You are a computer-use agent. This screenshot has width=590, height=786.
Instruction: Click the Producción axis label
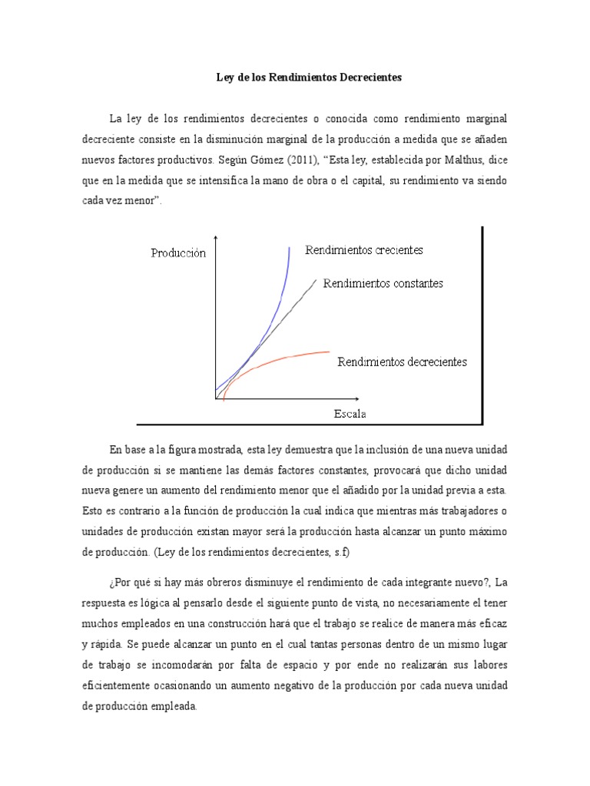[178, 253]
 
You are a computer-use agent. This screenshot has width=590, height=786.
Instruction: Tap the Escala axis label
[350, 414]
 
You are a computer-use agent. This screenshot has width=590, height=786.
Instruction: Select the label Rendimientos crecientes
[364, 250]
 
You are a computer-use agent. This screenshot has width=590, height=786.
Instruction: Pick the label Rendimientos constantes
[383, 283]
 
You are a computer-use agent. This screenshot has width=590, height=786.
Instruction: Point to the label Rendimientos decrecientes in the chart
[402, 362]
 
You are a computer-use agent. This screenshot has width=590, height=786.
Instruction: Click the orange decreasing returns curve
[292, 357]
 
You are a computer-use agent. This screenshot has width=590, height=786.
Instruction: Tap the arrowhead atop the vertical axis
[217, 238]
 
